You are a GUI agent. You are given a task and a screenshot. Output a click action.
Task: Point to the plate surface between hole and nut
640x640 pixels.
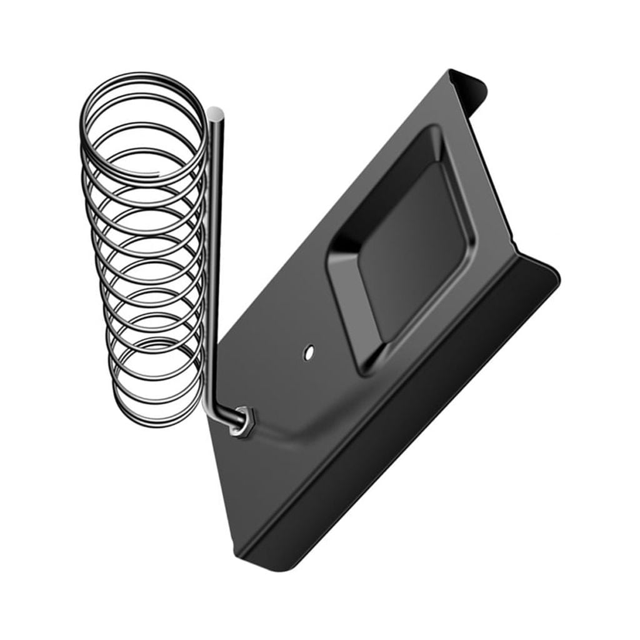tap(278, 384)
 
